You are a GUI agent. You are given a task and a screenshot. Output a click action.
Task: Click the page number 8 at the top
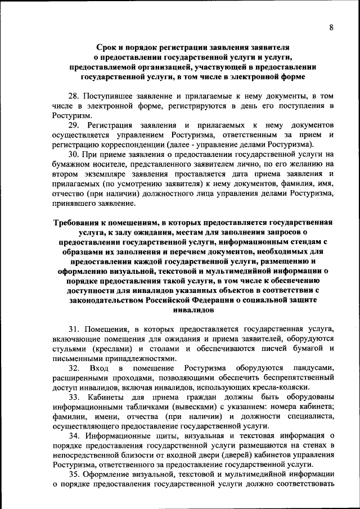tap(331, 28)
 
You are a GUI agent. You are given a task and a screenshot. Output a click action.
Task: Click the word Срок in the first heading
tap(109, 48)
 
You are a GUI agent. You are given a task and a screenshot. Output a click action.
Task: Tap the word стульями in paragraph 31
tap(70, 348)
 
